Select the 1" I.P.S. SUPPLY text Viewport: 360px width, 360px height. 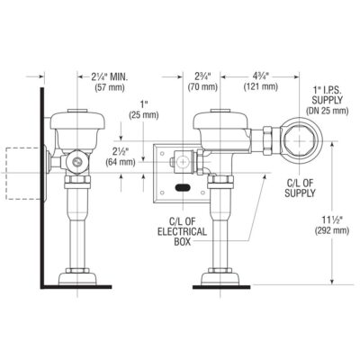tap(327, 91)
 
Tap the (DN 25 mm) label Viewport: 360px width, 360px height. tap(327, 110)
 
